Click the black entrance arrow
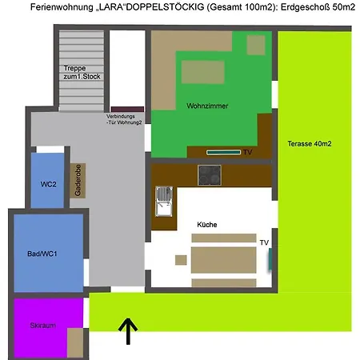(128, 330)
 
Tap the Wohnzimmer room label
(207, 106)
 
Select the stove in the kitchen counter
(210, 175)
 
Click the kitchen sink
(164, 202)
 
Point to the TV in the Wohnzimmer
(223, 152)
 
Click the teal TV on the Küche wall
(270, 258)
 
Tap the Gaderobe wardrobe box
(78, 181)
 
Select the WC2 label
(48, 184)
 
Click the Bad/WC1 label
(42, 254)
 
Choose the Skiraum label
(43, 326)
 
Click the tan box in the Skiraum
(75, 342)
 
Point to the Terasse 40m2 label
(310, 144)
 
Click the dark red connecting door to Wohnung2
(127, 110)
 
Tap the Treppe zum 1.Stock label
(82, 72)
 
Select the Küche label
(207, 225)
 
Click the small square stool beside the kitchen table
(181, 260)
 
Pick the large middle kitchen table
(224, 260)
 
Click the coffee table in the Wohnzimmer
(202, 72)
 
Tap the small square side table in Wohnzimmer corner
(256, 45)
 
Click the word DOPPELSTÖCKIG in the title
(166, 7)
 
